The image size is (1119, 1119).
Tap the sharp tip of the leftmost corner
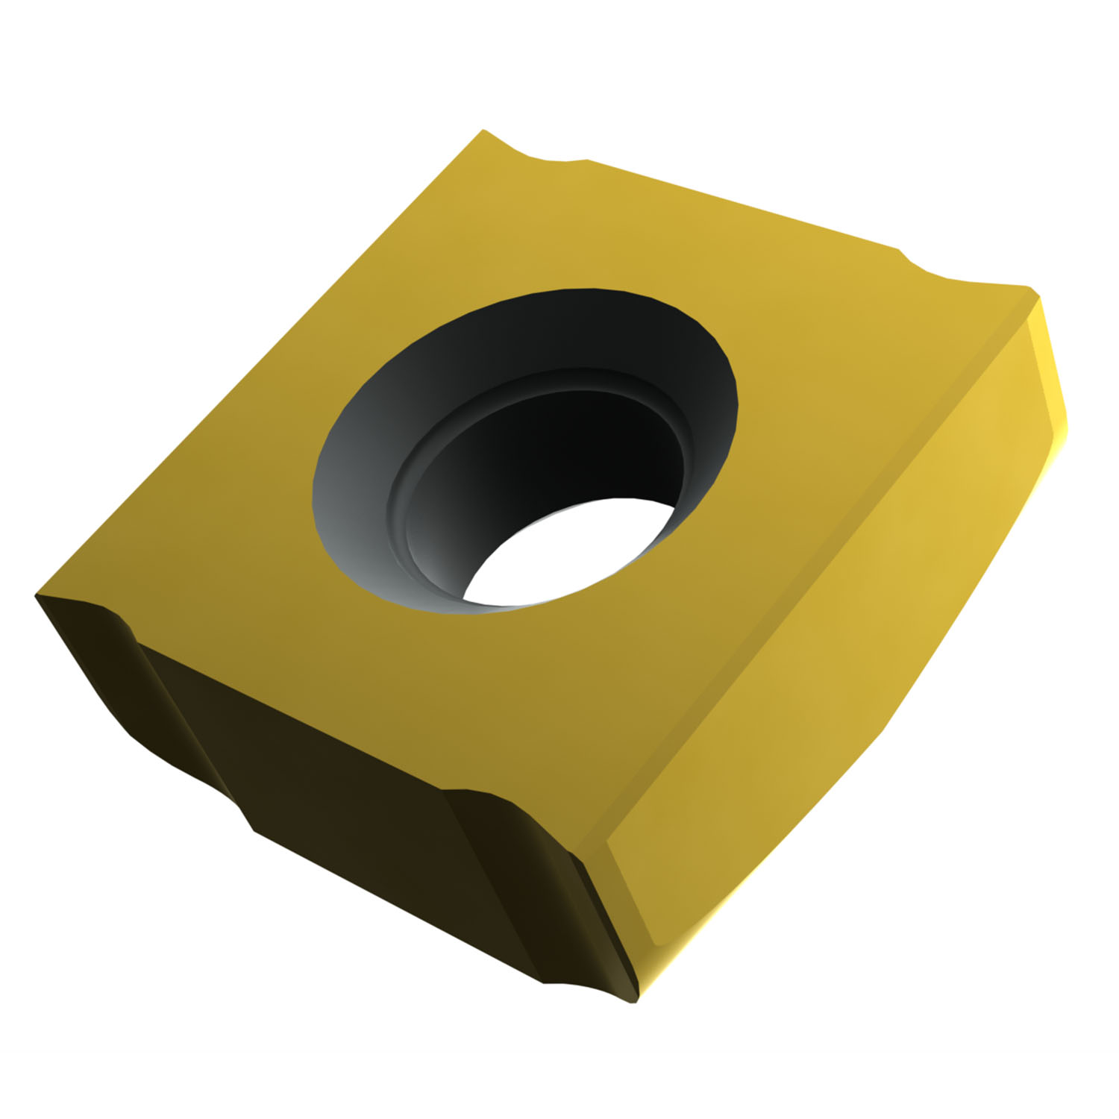pos(37,597)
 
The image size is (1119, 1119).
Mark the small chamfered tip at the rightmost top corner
pos(1033,295)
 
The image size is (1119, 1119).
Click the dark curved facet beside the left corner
pos(97,664)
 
